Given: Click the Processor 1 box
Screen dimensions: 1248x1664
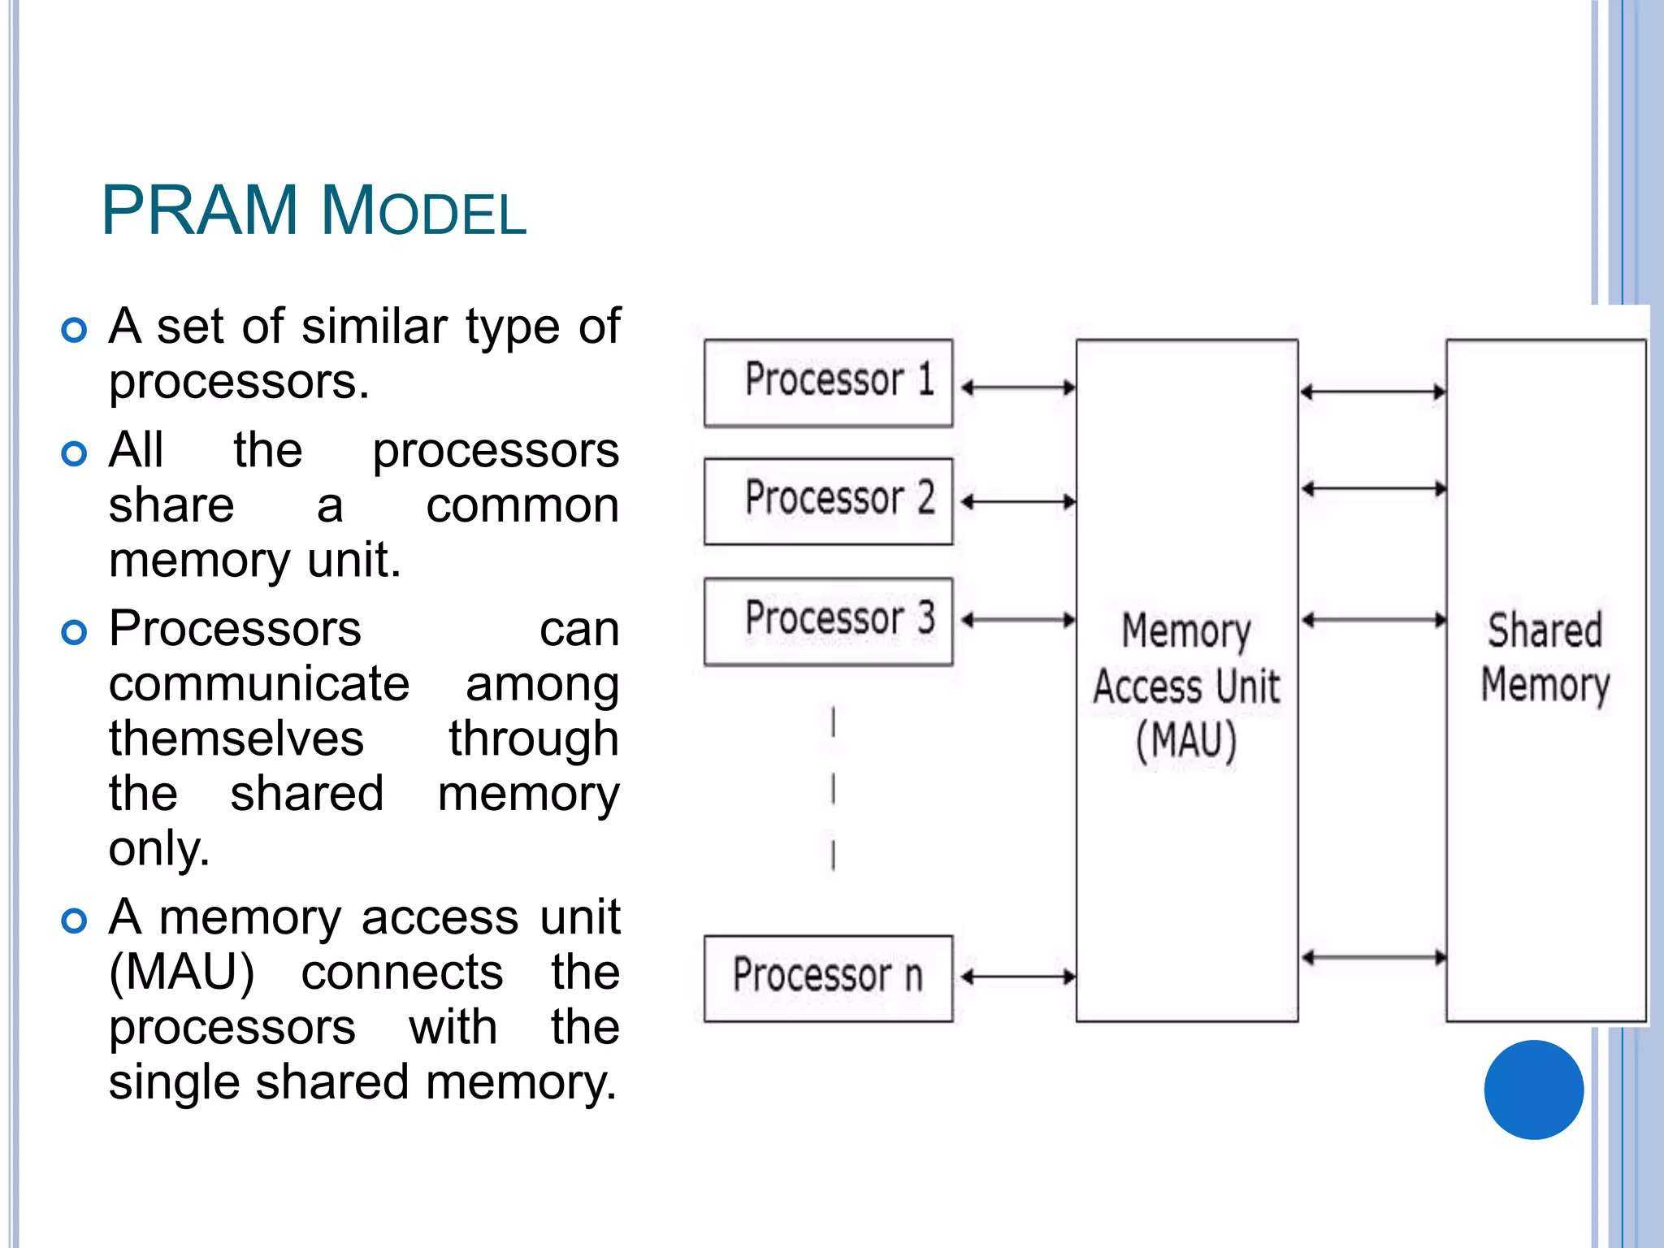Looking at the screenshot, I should point(828,383).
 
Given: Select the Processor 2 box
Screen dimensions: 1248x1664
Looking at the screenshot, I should point(828,501).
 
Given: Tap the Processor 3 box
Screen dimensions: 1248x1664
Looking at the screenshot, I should point(828,622).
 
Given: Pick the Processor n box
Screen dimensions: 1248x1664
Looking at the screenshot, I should point(828,978).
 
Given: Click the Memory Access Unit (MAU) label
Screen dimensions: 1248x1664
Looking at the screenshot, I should point(1186,687).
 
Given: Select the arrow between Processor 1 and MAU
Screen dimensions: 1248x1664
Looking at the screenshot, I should point(1018,388).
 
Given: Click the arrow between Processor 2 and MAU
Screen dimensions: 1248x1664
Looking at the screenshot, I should point(1018,502).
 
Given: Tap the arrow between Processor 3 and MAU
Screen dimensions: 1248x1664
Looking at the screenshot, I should point(1018,621).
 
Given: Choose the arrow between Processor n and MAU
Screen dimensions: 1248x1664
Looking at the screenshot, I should point(1018,977).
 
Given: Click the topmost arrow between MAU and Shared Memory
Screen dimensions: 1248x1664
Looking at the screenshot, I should point(1373,392).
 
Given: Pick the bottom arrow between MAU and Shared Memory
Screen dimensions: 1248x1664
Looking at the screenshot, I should point(1373,958).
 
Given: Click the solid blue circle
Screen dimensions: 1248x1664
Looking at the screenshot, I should point(1533,1090).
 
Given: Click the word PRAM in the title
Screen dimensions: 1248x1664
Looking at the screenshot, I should point(200,211).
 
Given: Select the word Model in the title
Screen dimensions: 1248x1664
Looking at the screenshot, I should point(424,211).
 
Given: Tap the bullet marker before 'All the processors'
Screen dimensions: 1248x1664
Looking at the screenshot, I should point(74,453).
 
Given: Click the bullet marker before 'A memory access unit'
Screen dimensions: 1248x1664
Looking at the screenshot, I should point(74,921).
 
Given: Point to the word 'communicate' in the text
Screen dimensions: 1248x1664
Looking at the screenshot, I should point(259,684).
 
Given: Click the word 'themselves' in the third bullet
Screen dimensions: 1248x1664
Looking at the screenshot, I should point(236,739).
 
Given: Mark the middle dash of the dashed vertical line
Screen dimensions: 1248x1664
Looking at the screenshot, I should point(834,789).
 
